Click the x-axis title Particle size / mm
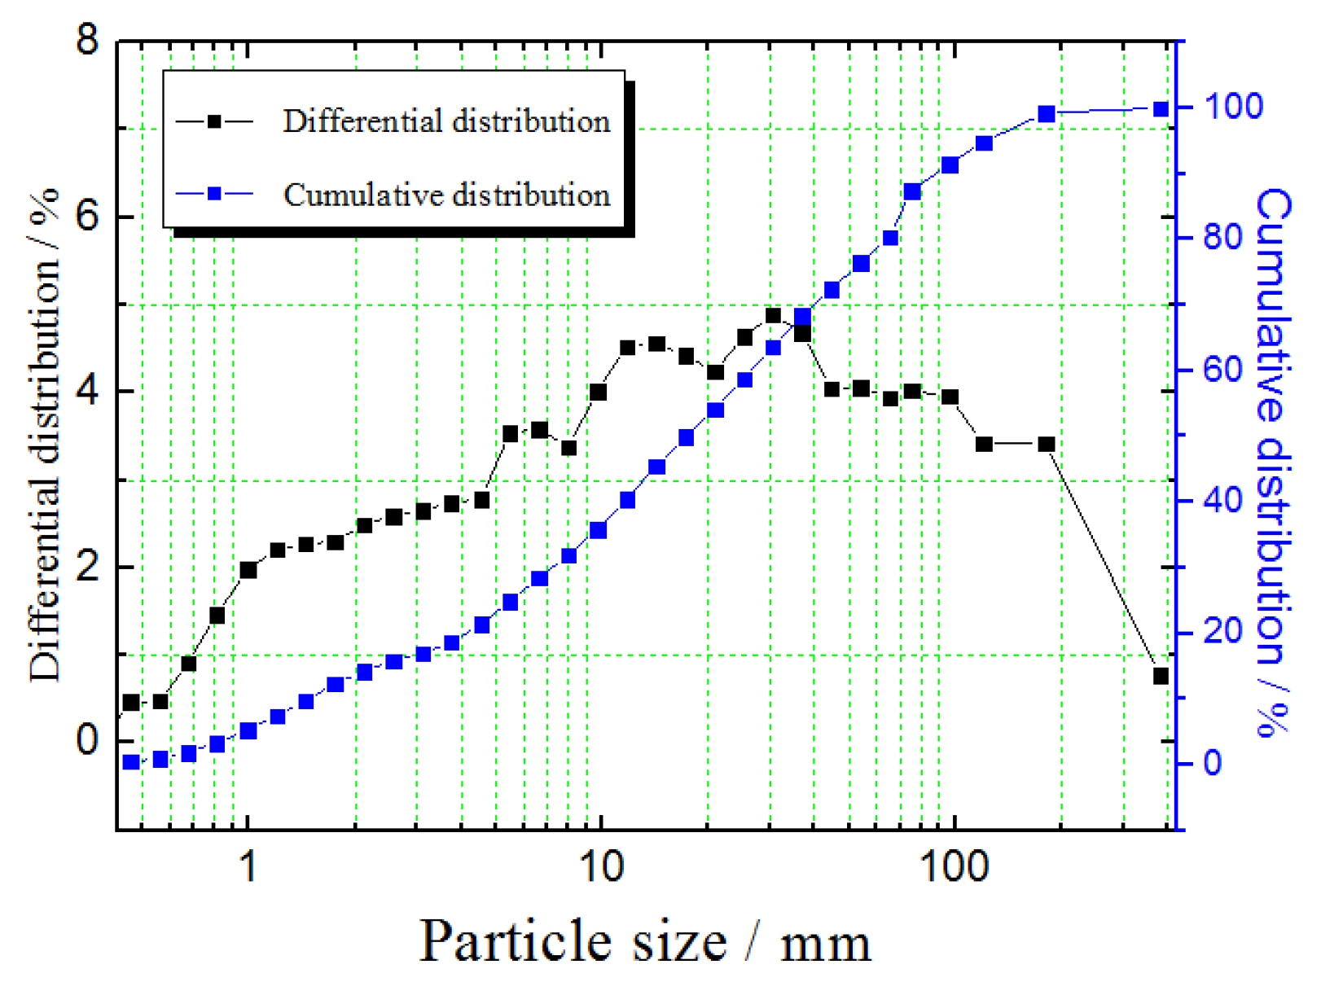644,942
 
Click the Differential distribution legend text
446,121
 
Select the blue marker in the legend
214,194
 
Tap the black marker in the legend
214,121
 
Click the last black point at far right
1161,676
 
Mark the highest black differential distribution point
774,316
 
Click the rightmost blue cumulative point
1161,109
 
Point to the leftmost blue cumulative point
131,762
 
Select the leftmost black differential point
131,702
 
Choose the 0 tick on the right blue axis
1213,763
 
